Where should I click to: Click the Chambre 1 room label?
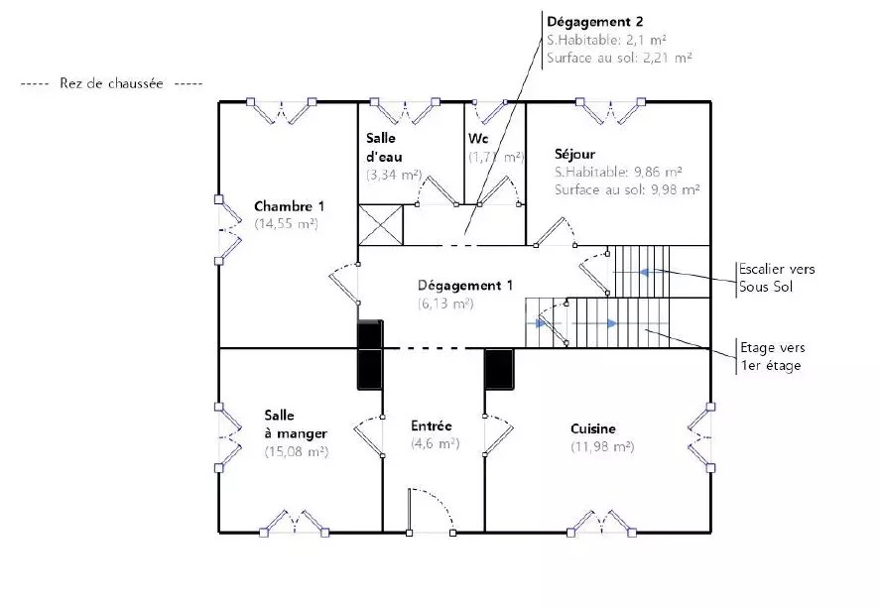point(289,206)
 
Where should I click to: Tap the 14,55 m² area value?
point(287,223)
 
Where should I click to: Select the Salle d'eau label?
point(384,147)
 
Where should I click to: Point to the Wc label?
point(478,138)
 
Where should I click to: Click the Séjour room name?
point(574,154)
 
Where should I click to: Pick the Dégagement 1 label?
point(465,285)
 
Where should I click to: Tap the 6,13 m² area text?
point(445,304)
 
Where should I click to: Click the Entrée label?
point(431,426)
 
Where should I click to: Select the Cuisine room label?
point(593,428)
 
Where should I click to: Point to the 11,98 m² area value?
point(602,446)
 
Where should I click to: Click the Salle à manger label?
point(296,425)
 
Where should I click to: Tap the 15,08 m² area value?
point(297,451)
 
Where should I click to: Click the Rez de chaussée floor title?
point(111,83)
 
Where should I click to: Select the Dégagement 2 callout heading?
point(595,22)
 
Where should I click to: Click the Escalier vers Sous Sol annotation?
point(777,278)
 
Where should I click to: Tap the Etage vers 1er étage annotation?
point(772,356)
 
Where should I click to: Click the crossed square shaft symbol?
point(381,225)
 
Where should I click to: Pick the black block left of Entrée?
point(370,355)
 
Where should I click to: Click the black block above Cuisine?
point(499,369)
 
